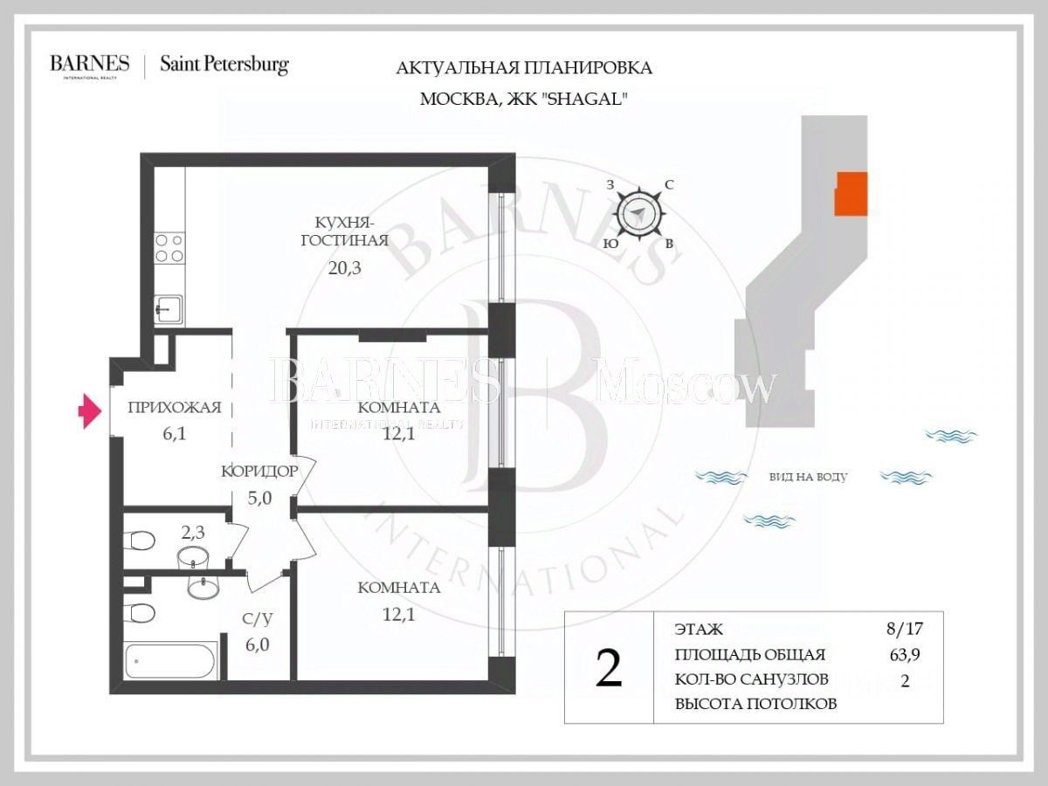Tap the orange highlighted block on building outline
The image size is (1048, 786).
coord(851,193)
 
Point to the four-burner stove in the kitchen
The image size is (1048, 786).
coord(169,248)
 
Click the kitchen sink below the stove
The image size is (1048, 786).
coord(169,308)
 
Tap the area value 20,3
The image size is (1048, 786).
coord(344,268)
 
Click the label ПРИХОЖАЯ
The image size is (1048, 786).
coord(174,406)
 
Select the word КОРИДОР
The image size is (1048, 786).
coord(259,471)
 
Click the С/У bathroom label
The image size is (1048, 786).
coord(258,619)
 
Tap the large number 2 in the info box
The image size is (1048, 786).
coord(608,668)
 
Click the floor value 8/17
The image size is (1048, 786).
coord(903,629)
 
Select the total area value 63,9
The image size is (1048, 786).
coord(903,655)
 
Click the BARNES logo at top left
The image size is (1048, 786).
coord(90,65)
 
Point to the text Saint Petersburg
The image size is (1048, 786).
coord(224,65)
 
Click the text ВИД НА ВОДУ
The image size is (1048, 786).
coord(808,477)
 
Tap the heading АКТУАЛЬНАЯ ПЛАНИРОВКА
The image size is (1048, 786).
coord(524,68)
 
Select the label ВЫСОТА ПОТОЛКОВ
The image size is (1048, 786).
coord(756,704)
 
